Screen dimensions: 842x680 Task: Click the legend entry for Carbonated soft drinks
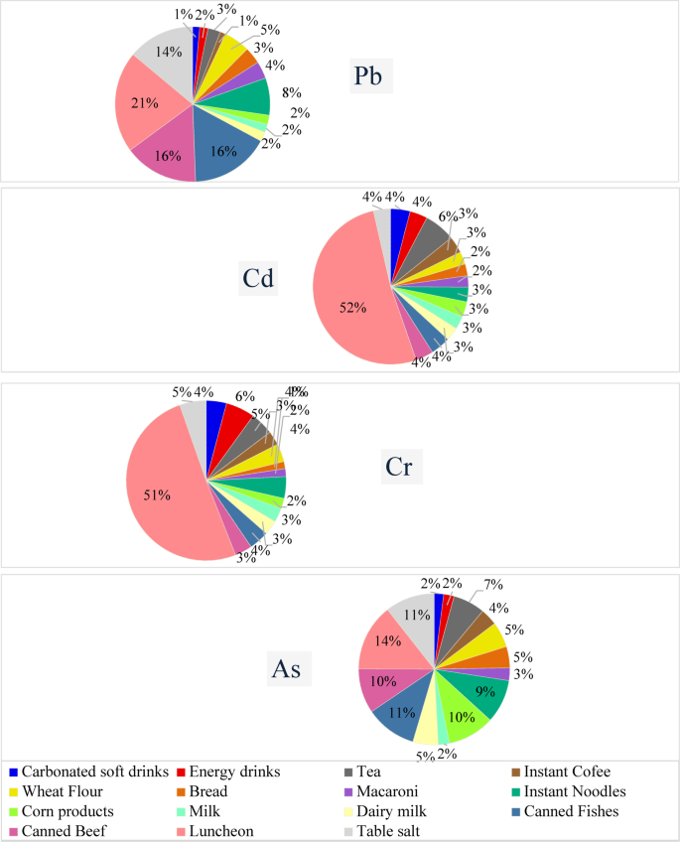point(85,772)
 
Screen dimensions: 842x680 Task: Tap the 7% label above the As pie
point(493,584)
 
